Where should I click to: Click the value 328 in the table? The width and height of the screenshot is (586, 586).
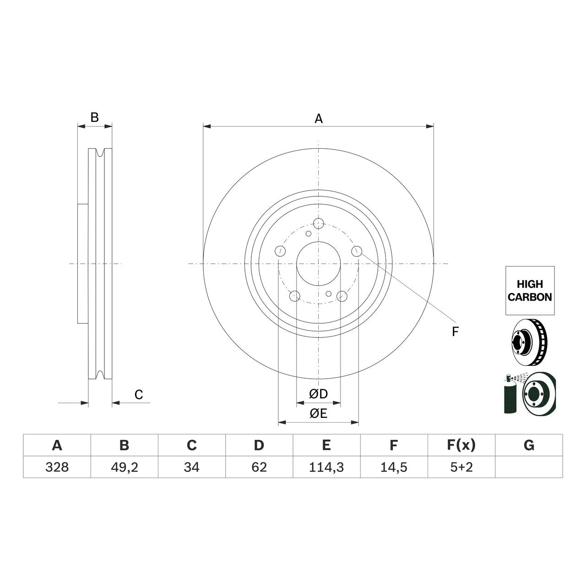57,467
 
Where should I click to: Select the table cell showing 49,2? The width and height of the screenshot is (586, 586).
124,467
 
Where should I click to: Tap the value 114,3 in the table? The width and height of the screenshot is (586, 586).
326,467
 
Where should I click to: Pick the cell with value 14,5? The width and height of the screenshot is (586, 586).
394,467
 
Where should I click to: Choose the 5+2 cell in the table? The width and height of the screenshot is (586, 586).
461,467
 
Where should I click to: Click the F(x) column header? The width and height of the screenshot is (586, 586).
461,445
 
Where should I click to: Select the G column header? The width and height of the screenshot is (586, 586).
529,445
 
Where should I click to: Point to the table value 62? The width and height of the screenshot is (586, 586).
259,467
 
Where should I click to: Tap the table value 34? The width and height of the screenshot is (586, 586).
191,467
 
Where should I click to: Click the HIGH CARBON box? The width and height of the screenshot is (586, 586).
530,291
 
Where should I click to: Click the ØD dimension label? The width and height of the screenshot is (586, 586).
318,394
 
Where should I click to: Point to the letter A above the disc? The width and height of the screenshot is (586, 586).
319,119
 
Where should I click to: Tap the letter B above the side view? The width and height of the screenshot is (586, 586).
94,118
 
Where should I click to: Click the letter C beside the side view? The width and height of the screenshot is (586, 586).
139,395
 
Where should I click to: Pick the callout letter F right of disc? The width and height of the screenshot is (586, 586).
455,332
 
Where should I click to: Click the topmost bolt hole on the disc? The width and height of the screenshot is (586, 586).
319,223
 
